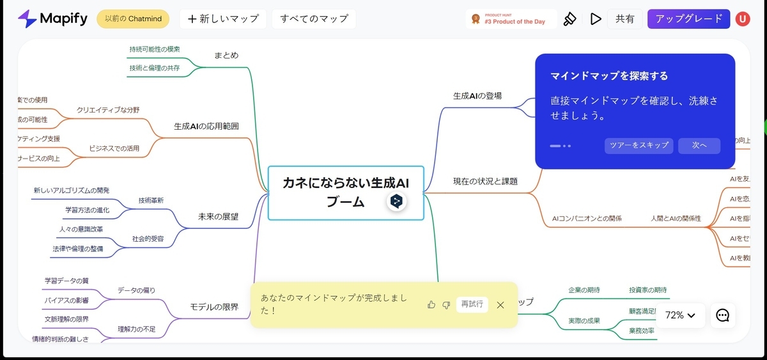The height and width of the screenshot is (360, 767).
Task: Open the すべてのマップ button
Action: click(x=314, y=19)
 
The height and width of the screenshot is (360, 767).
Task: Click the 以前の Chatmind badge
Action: click(x=133, y=19)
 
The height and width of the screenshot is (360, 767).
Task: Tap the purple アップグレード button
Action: click(x=688, y=19)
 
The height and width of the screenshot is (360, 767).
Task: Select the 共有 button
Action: click(x=624, y=19)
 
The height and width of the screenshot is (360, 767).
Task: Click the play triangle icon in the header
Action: click(x=596, y=19)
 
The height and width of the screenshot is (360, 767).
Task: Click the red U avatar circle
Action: click(x=743, y=19)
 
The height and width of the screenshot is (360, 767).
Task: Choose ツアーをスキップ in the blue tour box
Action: click(x=639, y=146)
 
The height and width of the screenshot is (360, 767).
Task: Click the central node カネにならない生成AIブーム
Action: click(x=345, y=192)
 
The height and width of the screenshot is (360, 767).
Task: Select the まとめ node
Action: click(x=226, y=56)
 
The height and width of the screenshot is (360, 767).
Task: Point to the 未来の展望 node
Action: click(x=218, y=217)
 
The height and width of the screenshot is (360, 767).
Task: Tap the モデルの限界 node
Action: click(x=214, y=308)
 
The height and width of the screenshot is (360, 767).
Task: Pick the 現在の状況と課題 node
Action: click(x=485, y=182)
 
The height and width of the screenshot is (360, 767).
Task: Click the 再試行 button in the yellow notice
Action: click(x=472, y=304)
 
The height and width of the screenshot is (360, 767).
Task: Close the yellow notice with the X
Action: click(x=500, y=305)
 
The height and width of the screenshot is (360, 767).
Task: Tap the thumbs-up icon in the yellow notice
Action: click(x=431, y=304)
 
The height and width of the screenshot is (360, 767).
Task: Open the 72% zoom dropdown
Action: click(x=680, y=315)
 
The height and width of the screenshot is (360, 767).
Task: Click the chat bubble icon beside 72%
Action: click(x=723, y=315)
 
